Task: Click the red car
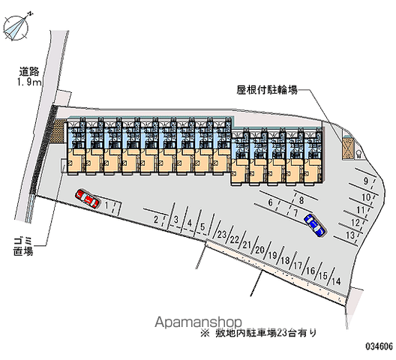(88, 199)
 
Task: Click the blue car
(315, 225)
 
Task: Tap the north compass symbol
(16, 26)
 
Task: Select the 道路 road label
(29, 72)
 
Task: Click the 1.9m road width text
(29, 82)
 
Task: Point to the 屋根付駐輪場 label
(267, 90)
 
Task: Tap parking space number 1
(106, 205)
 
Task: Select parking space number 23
(221, 234)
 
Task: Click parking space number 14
(336, 281)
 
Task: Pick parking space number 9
(366, 181)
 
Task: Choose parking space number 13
(350, 235)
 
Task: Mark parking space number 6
(271, 202)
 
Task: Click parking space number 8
(301, 200)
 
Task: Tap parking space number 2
(156, 220)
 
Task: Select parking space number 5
(202, 226)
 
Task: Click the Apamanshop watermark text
(198, 322)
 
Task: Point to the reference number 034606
(379, 346)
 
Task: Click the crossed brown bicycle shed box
(348, 148)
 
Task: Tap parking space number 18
(286, 260)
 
